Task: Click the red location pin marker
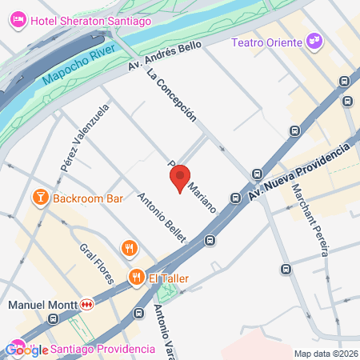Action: pos(180,178)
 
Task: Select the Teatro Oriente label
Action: pos(266,42)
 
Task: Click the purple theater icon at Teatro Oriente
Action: pos(314,40)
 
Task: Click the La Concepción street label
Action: pos(171,93)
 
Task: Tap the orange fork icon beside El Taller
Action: pos(137,277)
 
